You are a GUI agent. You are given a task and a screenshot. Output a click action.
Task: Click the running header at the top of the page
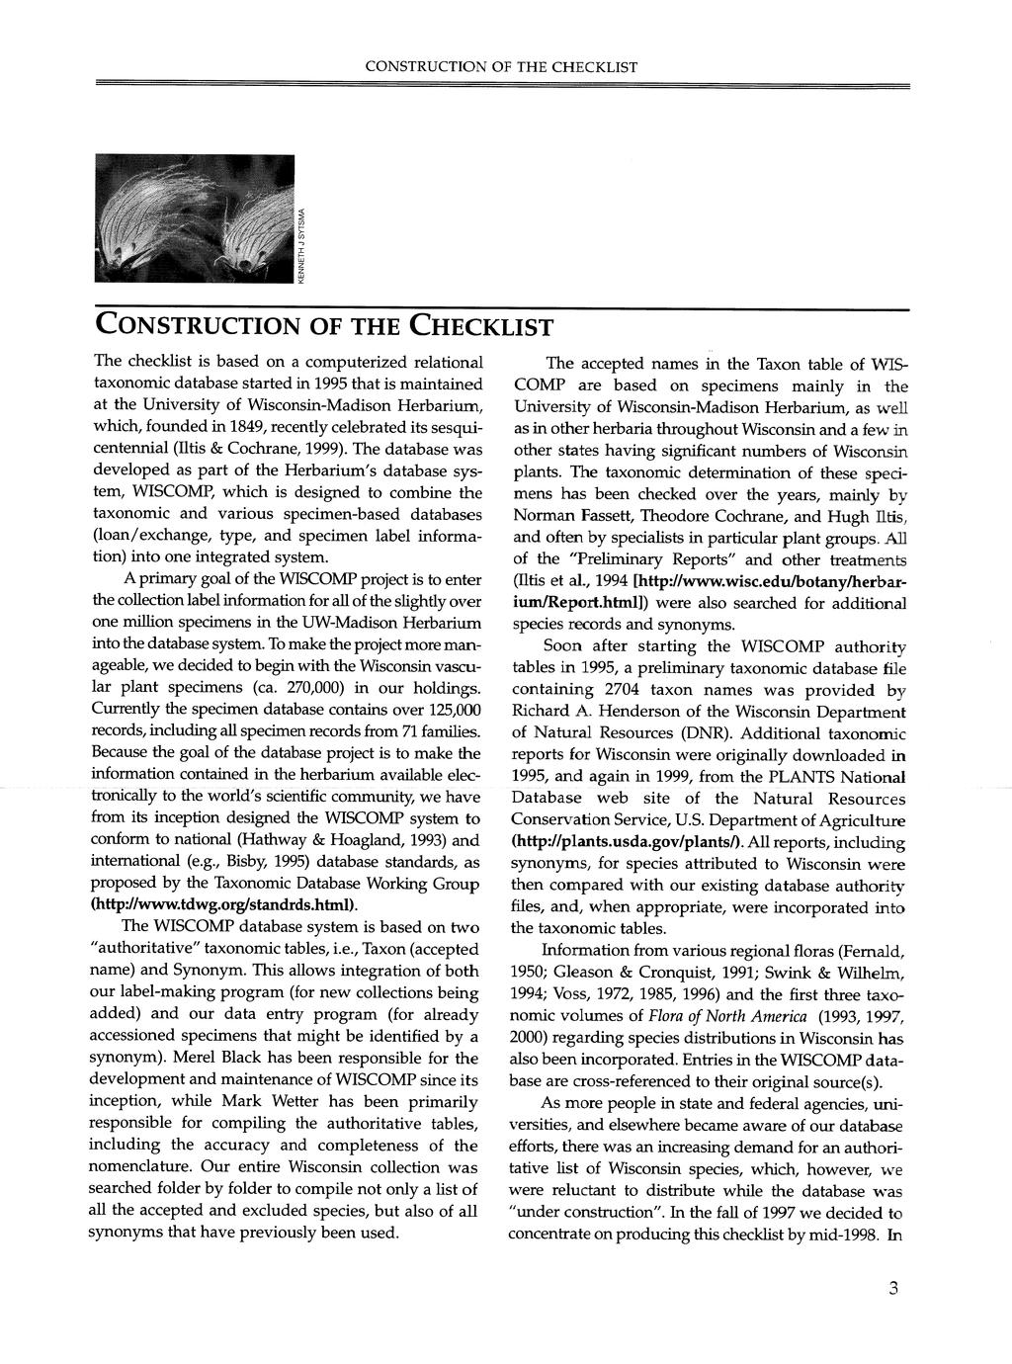tap(501, 67)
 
